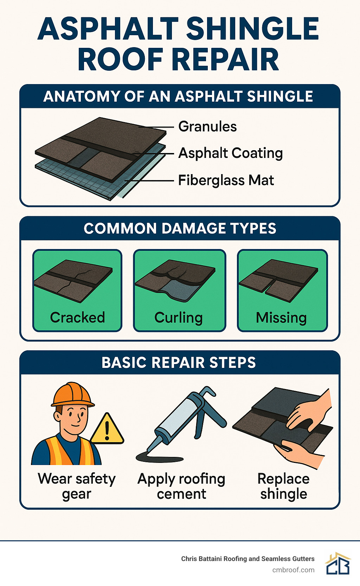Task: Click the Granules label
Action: click(x=207, y=127)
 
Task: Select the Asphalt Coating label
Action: click(x=230, y=153)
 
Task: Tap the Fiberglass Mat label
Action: click(x=226, y=180)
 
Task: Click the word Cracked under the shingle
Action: click(x=77, y=317)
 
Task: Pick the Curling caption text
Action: click(x=179, y=318)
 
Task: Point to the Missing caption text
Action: click(x=281, y=318)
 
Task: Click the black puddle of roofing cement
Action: click(x=160, y=457)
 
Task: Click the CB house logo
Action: click(x=338, y=563)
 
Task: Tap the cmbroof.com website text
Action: click(x=293, y=570)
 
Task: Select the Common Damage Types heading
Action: click(x=180, y=229)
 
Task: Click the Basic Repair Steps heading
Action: click(x=179, y=363)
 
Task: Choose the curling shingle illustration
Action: click(x=175, y=280)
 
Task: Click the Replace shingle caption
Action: click(x=283, y=486)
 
